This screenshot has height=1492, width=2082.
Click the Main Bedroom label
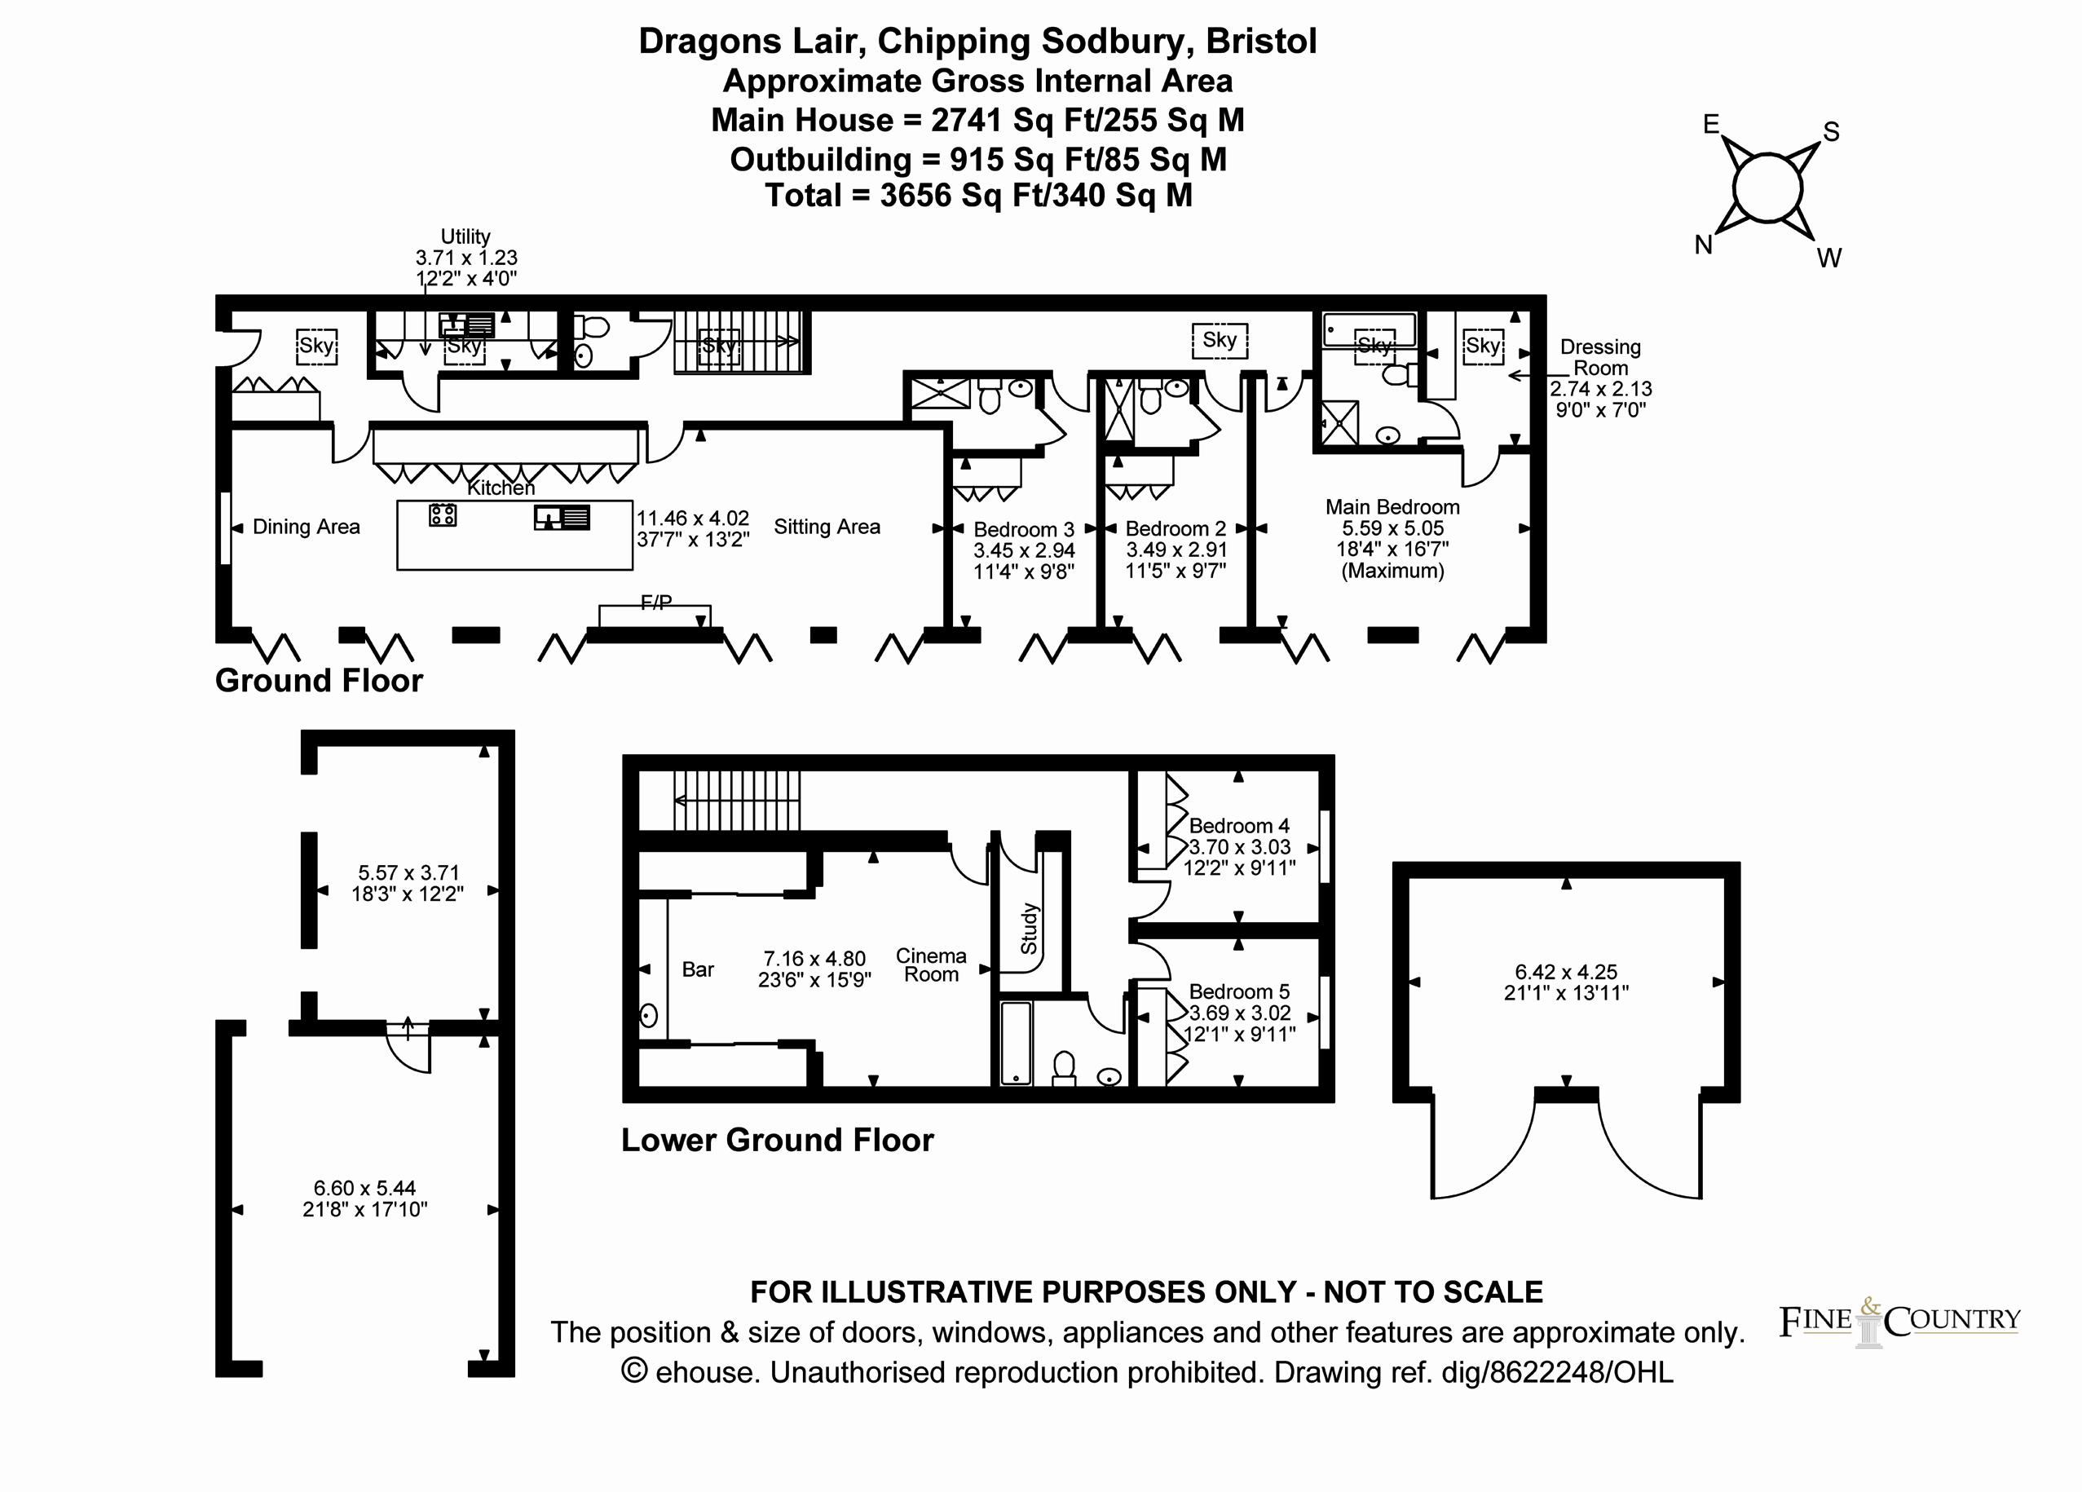pos(1392,507)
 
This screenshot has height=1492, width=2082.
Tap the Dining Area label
pos(306,527)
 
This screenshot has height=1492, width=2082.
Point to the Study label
pos(1029,929)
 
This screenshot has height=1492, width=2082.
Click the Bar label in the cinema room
pos(698,969)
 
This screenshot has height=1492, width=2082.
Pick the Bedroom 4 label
pos(1239,825)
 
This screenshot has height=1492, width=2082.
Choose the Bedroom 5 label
pos(1239,991)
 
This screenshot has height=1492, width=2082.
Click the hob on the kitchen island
pos(443,514)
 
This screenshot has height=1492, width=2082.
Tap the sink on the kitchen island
pos(562,518)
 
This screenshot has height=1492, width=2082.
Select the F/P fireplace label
pos(655,603)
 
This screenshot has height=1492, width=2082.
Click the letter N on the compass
pos(1704,245)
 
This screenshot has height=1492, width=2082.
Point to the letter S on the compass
pos(1832,132)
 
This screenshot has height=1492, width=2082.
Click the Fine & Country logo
pos(1900,1322)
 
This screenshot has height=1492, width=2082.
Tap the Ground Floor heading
pos(319,680)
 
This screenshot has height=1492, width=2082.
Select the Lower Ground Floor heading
pos(778,1140)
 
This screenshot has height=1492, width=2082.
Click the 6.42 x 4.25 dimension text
pos(1566,971)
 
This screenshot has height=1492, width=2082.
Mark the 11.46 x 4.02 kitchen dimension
pos(693,518)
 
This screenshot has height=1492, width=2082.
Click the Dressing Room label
pos(1601,357)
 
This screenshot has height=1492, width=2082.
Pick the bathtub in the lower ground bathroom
pos(1015,1043)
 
